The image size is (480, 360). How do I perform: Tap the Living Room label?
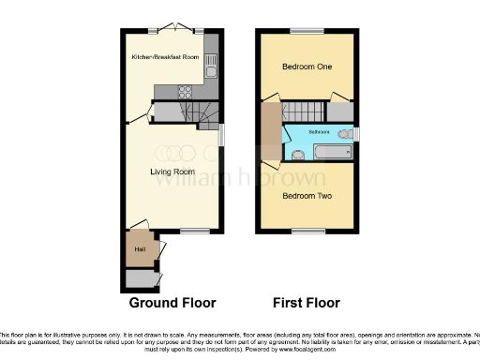pyautogui.click(x=172, y=172)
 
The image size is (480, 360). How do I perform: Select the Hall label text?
pyautogui.click(x=140, y=248)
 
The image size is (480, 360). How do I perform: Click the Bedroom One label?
pyautogui.click(x=307, y=67)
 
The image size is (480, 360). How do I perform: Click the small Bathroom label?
pyautogui.click(x=320, y=131)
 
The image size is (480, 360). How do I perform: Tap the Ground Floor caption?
pyautogui.click(x=172, y=303)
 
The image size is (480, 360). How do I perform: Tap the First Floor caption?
pyautogui.click(x=307, y=303)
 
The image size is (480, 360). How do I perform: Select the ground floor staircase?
pyautogui.click(x=204, y=113)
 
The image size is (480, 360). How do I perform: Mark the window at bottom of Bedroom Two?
pyautogui.click(x=307, y=231)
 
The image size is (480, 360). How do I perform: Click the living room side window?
pyautogui.click(x=223, y=137)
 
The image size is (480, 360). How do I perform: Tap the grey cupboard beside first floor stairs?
pyautogui.click(x=343, y=112)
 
